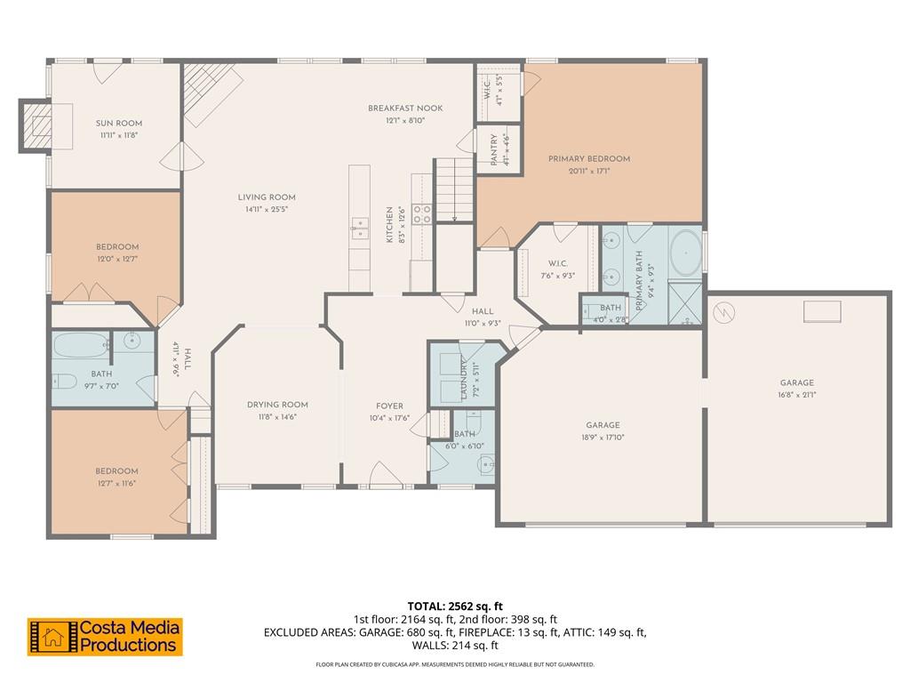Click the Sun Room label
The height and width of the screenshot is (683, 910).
point(119,124)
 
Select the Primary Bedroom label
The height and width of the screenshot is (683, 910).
point(588,159)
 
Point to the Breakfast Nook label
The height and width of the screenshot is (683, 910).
point(405,108)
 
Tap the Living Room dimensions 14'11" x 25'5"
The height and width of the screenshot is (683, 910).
point(267,209)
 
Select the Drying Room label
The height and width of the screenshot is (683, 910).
point(277,405)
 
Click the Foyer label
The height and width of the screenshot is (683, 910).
point(389,406)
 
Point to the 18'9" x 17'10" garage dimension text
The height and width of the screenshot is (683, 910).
point(603,437)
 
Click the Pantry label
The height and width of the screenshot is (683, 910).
point(494,149)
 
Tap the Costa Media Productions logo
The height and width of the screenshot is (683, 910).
point(105,637)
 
